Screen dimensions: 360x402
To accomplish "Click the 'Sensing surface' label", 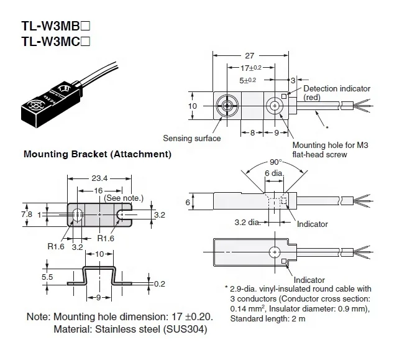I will click(192, 139).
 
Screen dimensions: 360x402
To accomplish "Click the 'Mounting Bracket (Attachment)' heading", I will click(97, 154).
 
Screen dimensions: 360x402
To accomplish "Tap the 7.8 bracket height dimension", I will click(27, 213).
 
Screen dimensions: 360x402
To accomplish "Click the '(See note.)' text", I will click(124, 198).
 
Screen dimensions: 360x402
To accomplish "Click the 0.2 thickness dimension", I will click(160, 284).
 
